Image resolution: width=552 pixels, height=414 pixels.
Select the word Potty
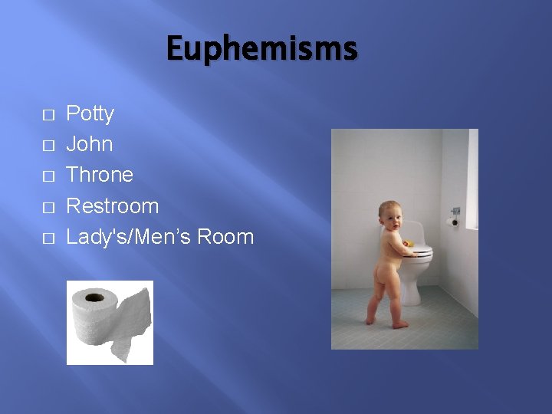coord(90,114)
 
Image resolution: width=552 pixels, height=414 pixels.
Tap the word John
coord(90,144)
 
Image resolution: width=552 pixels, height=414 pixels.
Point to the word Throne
coord(100,175)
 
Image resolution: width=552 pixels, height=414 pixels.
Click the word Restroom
coord(113,205)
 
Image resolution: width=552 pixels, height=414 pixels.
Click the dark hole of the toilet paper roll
coord(94,296)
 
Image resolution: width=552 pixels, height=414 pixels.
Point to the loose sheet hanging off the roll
coord(132,322)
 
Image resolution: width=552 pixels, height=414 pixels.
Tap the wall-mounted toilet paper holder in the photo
coord(452,222)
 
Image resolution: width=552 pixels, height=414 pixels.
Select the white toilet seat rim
coord(419,251)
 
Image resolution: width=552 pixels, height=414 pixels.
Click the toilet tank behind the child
coord(414,229)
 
